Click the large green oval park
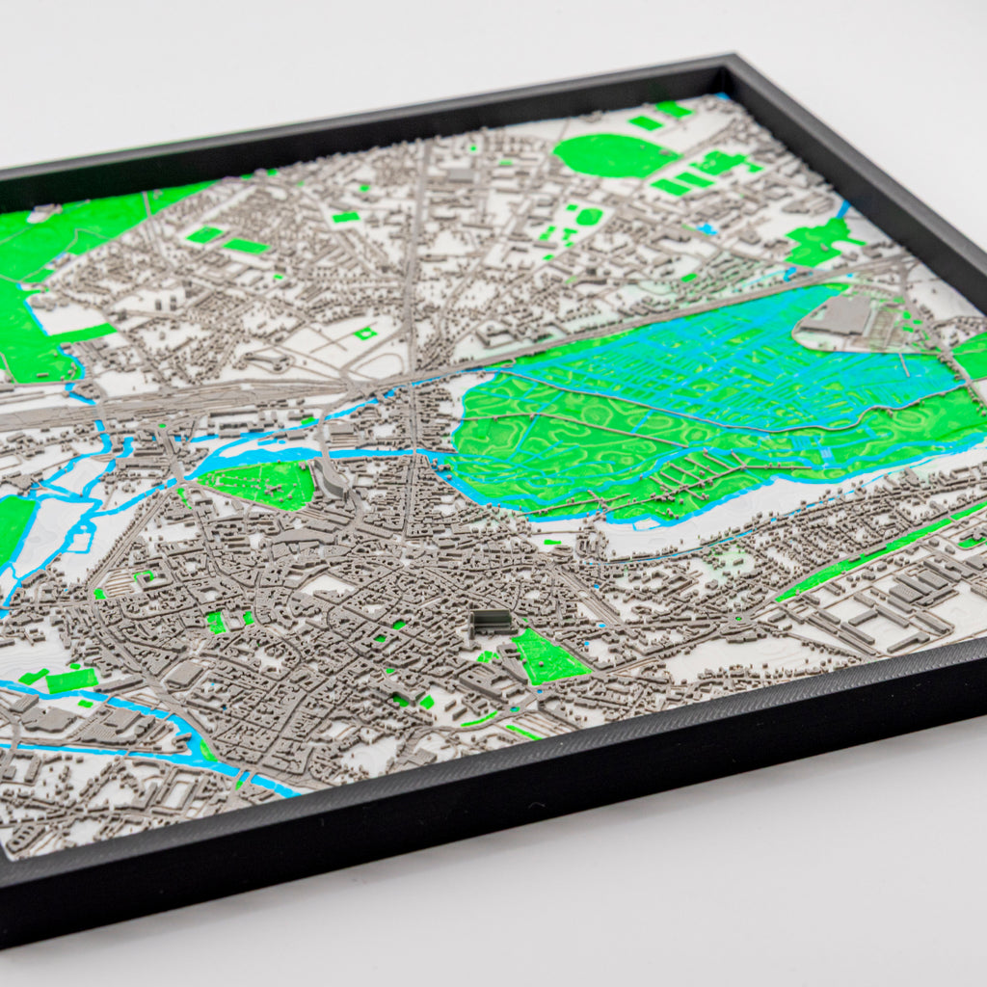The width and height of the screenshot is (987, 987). (613, 154)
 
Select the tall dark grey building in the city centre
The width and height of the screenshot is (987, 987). (492, 621)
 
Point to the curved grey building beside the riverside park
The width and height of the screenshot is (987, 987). (329, 478)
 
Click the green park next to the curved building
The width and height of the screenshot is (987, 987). (262, 482)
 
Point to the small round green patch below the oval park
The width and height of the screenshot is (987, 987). (589, 216)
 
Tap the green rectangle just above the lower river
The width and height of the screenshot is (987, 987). (71, 680)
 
